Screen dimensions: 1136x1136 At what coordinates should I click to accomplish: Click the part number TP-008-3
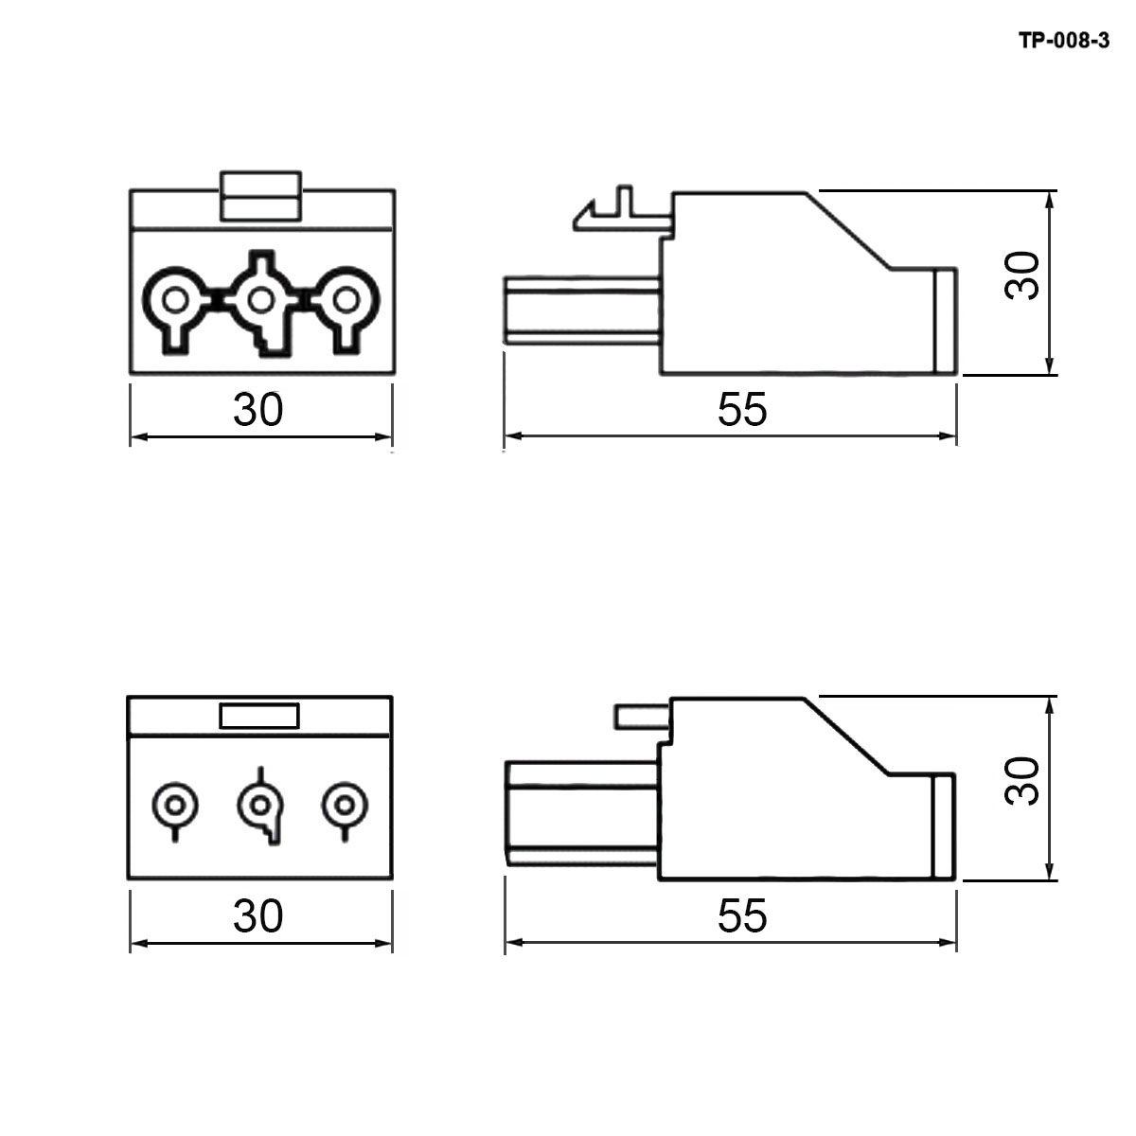click(1064, 41)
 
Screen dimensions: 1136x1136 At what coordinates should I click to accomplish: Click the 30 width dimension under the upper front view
click(258, 409)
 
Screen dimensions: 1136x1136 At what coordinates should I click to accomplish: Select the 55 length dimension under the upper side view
click(742, 409)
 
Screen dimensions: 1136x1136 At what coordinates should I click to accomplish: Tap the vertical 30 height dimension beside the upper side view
click(1022, 275)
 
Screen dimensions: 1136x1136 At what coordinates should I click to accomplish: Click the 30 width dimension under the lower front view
click(258, 915)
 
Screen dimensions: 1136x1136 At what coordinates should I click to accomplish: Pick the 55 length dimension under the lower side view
click(742, 915)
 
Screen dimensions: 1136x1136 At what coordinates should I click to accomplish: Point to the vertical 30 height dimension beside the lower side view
click(1022, 782)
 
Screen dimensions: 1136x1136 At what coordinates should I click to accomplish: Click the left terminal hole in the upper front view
click(175, 301)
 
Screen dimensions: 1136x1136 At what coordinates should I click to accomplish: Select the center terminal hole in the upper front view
click(260, 301)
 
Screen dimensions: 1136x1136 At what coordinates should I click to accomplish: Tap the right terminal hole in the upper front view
click(346, 301)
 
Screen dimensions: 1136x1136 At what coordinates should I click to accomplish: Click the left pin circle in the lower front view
click(175, 805)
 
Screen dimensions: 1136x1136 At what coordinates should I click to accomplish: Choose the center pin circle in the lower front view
click(260, 805)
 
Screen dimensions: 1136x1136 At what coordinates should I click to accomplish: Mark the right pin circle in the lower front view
click(345, 805)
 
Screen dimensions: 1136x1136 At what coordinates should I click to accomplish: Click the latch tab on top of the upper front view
click(260, 196)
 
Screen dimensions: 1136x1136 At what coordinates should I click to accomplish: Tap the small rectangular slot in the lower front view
click(259, 717)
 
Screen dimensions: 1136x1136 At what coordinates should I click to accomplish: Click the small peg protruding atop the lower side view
click(642, 717)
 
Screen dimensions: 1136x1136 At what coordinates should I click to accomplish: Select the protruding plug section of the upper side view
click(582, 311)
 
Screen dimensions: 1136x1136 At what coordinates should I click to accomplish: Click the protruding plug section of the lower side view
click(582, 814)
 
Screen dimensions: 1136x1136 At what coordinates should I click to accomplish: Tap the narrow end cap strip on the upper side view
click(946, 320)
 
